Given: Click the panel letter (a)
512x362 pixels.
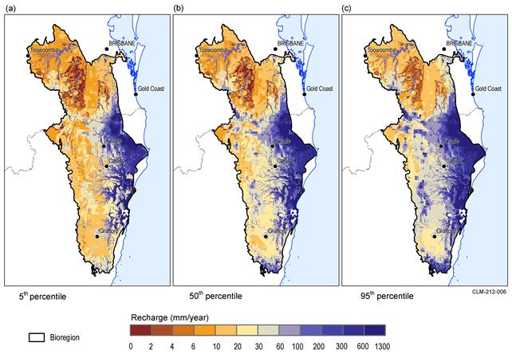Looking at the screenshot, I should [x=10, y=8].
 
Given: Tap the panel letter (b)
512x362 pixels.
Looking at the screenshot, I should [x=179, y=8].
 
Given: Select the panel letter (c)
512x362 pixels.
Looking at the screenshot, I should [x=347, y=8].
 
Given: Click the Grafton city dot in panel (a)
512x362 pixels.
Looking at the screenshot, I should [x=97, y=236].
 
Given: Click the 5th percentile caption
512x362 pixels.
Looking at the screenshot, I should [x=43, y=296].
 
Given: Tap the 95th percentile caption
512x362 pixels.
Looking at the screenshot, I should [x=380, y=296].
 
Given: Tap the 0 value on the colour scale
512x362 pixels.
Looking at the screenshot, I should [x=131, y=347].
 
